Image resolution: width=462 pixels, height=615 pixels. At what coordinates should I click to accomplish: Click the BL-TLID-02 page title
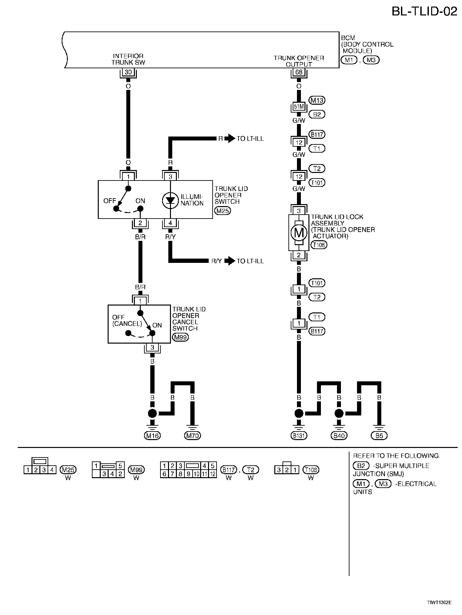point(424,11)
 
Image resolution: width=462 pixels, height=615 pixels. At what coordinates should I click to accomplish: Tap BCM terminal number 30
point(128,72)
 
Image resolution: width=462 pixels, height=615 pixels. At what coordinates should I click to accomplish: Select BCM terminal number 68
point(299,72)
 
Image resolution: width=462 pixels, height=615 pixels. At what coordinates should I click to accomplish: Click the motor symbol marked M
point(299,233)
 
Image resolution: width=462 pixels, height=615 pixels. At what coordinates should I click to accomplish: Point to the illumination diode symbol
point(170,200)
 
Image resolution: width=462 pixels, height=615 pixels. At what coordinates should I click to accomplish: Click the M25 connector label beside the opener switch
point(222,211)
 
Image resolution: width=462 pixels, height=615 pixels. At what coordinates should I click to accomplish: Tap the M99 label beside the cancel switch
point(180,337)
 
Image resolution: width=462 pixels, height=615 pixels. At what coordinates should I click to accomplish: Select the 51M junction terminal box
point(299,107)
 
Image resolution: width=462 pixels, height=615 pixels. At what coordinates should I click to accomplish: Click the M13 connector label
point(317,100)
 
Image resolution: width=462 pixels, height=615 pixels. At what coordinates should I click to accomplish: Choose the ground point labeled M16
point(152,435)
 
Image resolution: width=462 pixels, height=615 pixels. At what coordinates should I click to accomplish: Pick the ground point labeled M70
point(192,435)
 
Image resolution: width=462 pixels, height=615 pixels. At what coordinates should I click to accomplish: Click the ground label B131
point(299,435)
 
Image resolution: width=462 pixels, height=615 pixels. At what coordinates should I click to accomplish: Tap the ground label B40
point(339,435)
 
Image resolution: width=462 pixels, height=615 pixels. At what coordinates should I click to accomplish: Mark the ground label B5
point(379,435)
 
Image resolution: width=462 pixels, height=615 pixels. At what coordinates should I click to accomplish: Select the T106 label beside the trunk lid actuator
point(319,245)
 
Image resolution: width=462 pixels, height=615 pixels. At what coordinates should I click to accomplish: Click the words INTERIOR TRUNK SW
point(128,59)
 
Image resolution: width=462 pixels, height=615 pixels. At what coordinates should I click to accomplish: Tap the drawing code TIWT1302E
point(439,603)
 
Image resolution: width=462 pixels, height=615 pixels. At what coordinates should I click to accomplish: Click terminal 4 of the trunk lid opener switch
point(170,223)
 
